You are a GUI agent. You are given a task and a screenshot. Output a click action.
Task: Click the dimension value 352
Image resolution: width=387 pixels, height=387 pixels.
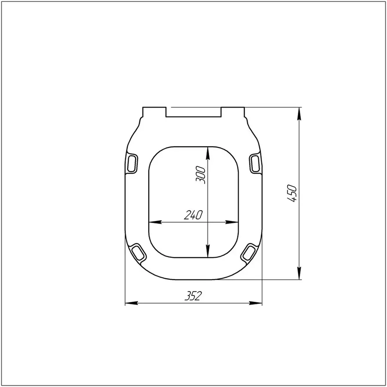(x=193, y=296)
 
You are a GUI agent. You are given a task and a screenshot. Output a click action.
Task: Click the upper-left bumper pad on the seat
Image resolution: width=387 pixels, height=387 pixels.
(x=134, y=163)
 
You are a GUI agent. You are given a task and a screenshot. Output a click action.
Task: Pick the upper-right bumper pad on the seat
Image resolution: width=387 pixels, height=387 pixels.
(x=255, y=163)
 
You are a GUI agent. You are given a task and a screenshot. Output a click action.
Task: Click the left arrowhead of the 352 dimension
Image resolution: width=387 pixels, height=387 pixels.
(x=129, y=304)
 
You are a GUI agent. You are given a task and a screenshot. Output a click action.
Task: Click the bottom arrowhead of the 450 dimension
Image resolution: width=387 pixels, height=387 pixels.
(x=300, y=275)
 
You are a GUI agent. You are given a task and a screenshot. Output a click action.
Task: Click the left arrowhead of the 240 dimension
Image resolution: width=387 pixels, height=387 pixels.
(x=153, y=222)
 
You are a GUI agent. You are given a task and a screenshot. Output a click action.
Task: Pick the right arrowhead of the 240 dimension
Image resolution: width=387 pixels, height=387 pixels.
(x=235, y=222)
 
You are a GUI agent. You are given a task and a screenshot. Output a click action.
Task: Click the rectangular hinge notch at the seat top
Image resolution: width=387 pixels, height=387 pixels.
(x=194, y=112)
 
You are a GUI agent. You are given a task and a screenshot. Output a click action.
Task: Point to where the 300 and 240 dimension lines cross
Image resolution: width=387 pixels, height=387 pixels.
(x=208, y=222)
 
